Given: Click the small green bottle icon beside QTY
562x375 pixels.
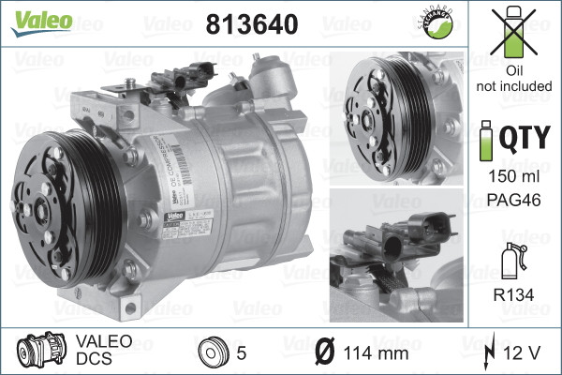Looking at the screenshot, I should pyautogui.click(x=484, y=139).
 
